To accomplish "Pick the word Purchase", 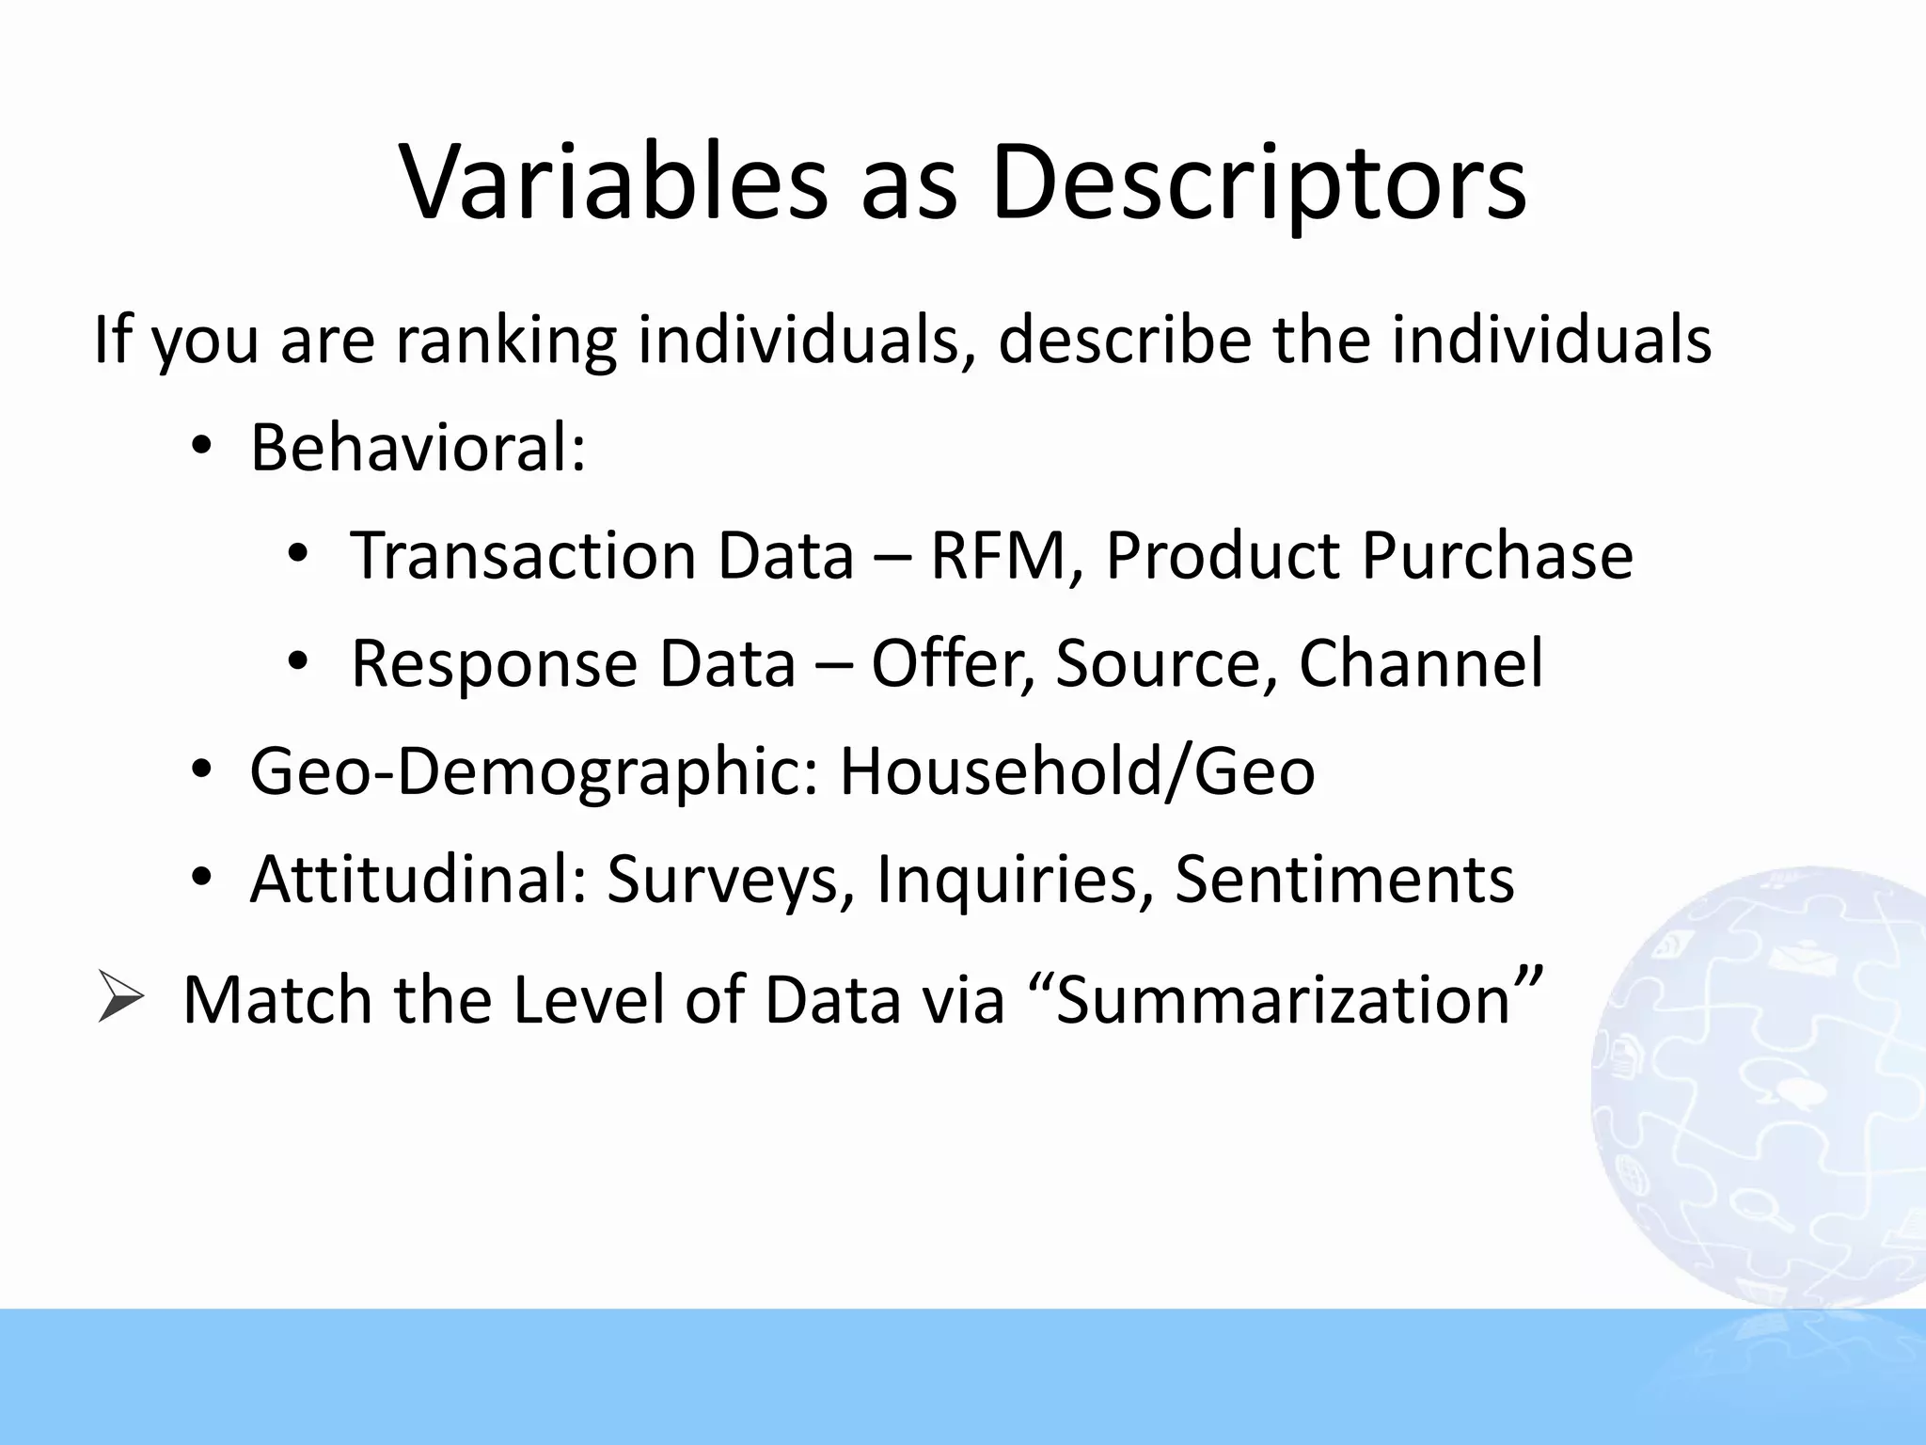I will click(x=1497, y=555).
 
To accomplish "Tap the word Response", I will click(x=494, y=663).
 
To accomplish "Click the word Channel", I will click(x=1420, y=663).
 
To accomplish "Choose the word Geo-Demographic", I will click(x=534, y=771).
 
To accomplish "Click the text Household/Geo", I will click(x=1077, y=771).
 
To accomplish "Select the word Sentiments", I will click(x=1344, y=880).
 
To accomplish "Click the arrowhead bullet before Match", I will click(x=120, y=998).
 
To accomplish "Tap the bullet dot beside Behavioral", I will click(x=200, y=448).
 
